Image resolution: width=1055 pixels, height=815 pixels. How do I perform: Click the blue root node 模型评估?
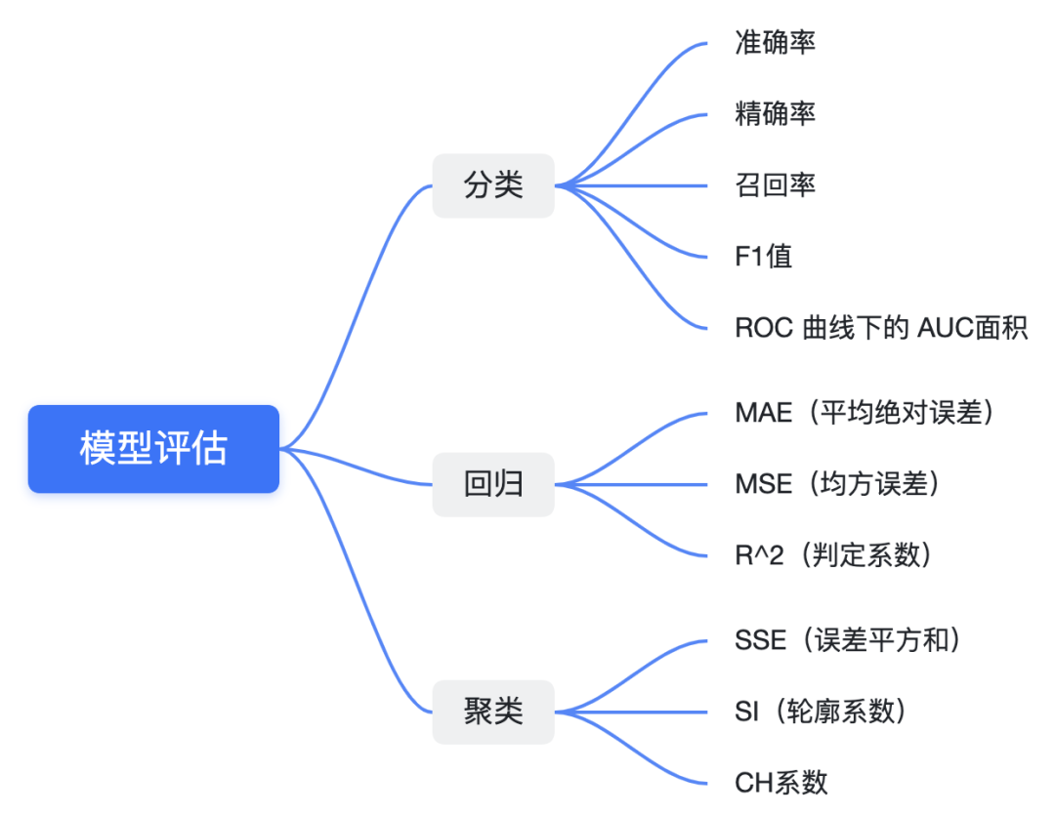point(153,449)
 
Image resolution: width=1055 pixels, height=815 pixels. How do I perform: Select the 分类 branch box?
point(493,185)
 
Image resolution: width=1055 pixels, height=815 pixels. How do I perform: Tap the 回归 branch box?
point(493,484)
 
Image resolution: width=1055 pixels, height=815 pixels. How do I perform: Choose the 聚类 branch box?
point(493,712)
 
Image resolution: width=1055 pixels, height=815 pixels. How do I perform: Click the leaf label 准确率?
point(775,43)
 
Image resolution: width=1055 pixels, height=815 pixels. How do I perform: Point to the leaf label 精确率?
point(775,114)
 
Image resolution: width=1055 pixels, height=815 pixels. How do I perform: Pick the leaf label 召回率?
point(775,185)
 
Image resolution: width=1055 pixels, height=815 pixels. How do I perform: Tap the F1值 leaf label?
point(763,257)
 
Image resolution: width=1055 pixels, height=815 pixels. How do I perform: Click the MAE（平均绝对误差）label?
point(865,413)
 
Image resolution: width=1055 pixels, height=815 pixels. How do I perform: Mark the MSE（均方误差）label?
point(838,484)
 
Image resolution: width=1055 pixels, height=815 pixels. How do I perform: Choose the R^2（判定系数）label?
point(834,555)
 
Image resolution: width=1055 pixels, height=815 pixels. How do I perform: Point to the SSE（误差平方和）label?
point(849,640)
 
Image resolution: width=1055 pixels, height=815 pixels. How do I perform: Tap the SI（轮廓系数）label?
point(822,712)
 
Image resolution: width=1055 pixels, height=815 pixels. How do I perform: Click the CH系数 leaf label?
point(781,782)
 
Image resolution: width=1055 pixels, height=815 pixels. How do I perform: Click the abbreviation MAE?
point(763,413)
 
